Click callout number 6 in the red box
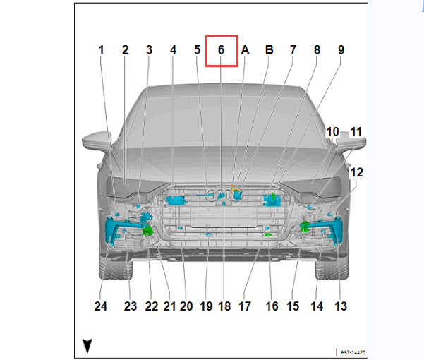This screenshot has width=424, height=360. [222, 50]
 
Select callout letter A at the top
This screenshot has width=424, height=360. [245, 50]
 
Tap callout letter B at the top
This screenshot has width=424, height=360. [269, 50]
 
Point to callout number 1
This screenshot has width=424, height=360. [101, 50]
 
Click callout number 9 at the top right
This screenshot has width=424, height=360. [341, 50]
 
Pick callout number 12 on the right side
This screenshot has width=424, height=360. [357, 172]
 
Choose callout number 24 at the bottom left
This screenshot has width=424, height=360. [101, 306]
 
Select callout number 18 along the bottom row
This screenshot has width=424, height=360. [224, 306]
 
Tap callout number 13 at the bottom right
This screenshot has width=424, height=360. [341, 306]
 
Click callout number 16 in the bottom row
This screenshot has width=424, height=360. [272, 306]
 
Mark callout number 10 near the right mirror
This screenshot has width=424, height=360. [332, 132]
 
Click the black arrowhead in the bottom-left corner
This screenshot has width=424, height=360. [87, 346]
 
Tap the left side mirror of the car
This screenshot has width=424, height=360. [97, 140]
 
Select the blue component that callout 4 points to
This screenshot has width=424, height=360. [175, 200]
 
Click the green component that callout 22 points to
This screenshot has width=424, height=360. [147, 230]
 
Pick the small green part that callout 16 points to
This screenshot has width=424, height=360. [268, 235]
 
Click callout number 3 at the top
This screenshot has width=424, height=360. [149, 50]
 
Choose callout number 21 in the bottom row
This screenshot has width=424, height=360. [169, 306]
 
